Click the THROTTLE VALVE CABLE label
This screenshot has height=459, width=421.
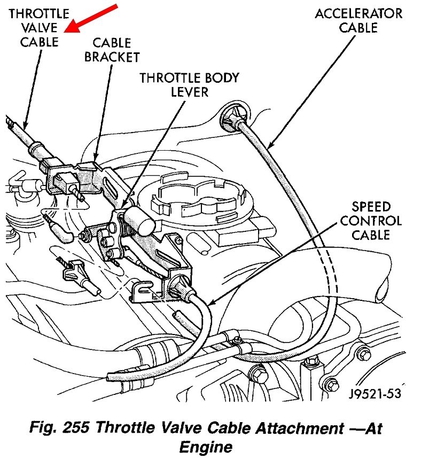click(38, 28)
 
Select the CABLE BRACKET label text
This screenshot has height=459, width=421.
click(112, 49)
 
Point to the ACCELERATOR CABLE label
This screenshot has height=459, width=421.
click(358, 20)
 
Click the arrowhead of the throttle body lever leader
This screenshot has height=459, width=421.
click(122, 207)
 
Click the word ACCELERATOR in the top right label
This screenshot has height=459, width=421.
click(358, 13)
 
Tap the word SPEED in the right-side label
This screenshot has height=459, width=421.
click(371, 206)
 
